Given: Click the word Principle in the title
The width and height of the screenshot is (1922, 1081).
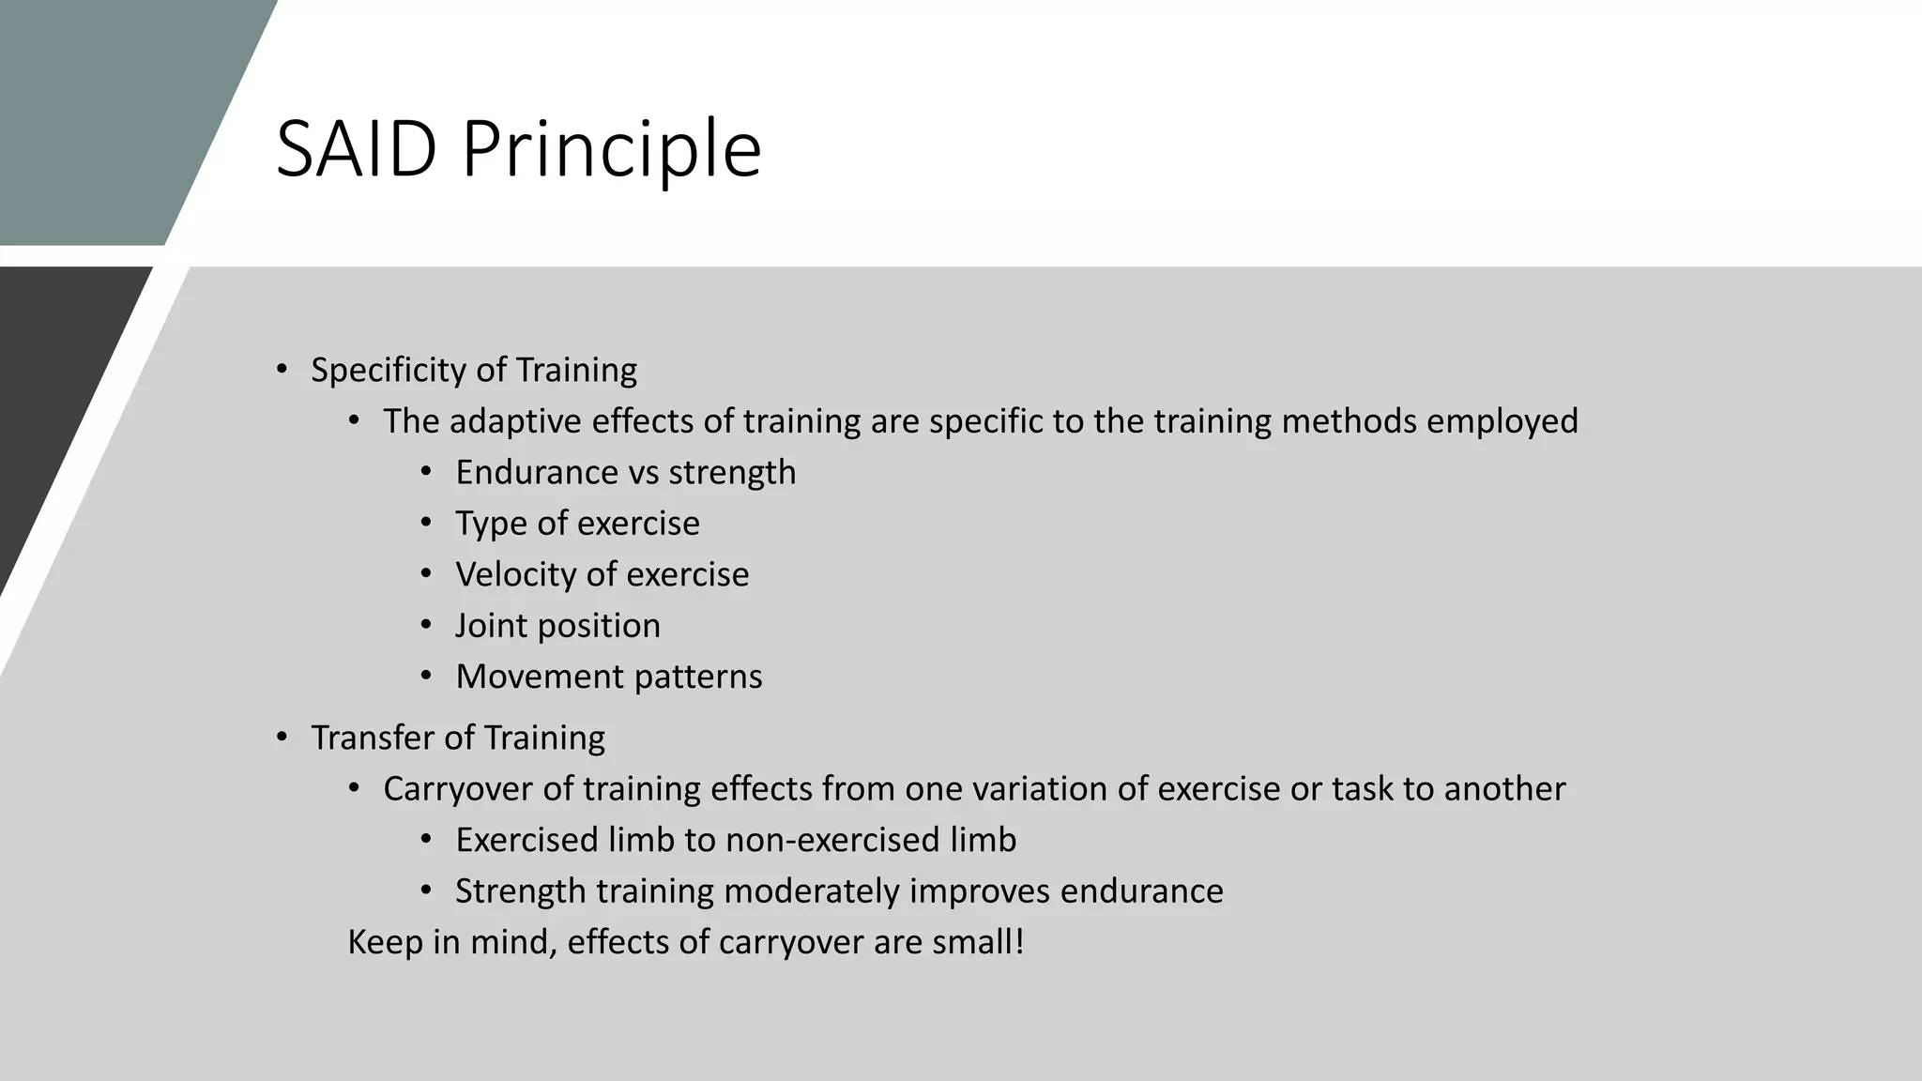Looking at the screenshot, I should click(611, 150).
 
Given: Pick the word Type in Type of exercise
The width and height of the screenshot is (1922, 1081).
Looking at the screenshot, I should click(491, 524).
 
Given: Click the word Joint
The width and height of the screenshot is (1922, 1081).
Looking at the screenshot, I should click(491, 626).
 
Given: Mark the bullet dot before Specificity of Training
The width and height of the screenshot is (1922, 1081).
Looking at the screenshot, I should click(282, 370).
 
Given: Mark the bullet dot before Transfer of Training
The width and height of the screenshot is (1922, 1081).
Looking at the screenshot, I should click(282, 738).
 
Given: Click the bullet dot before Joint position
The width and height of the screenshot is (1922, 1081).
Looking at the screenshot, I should click(426, 625).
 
